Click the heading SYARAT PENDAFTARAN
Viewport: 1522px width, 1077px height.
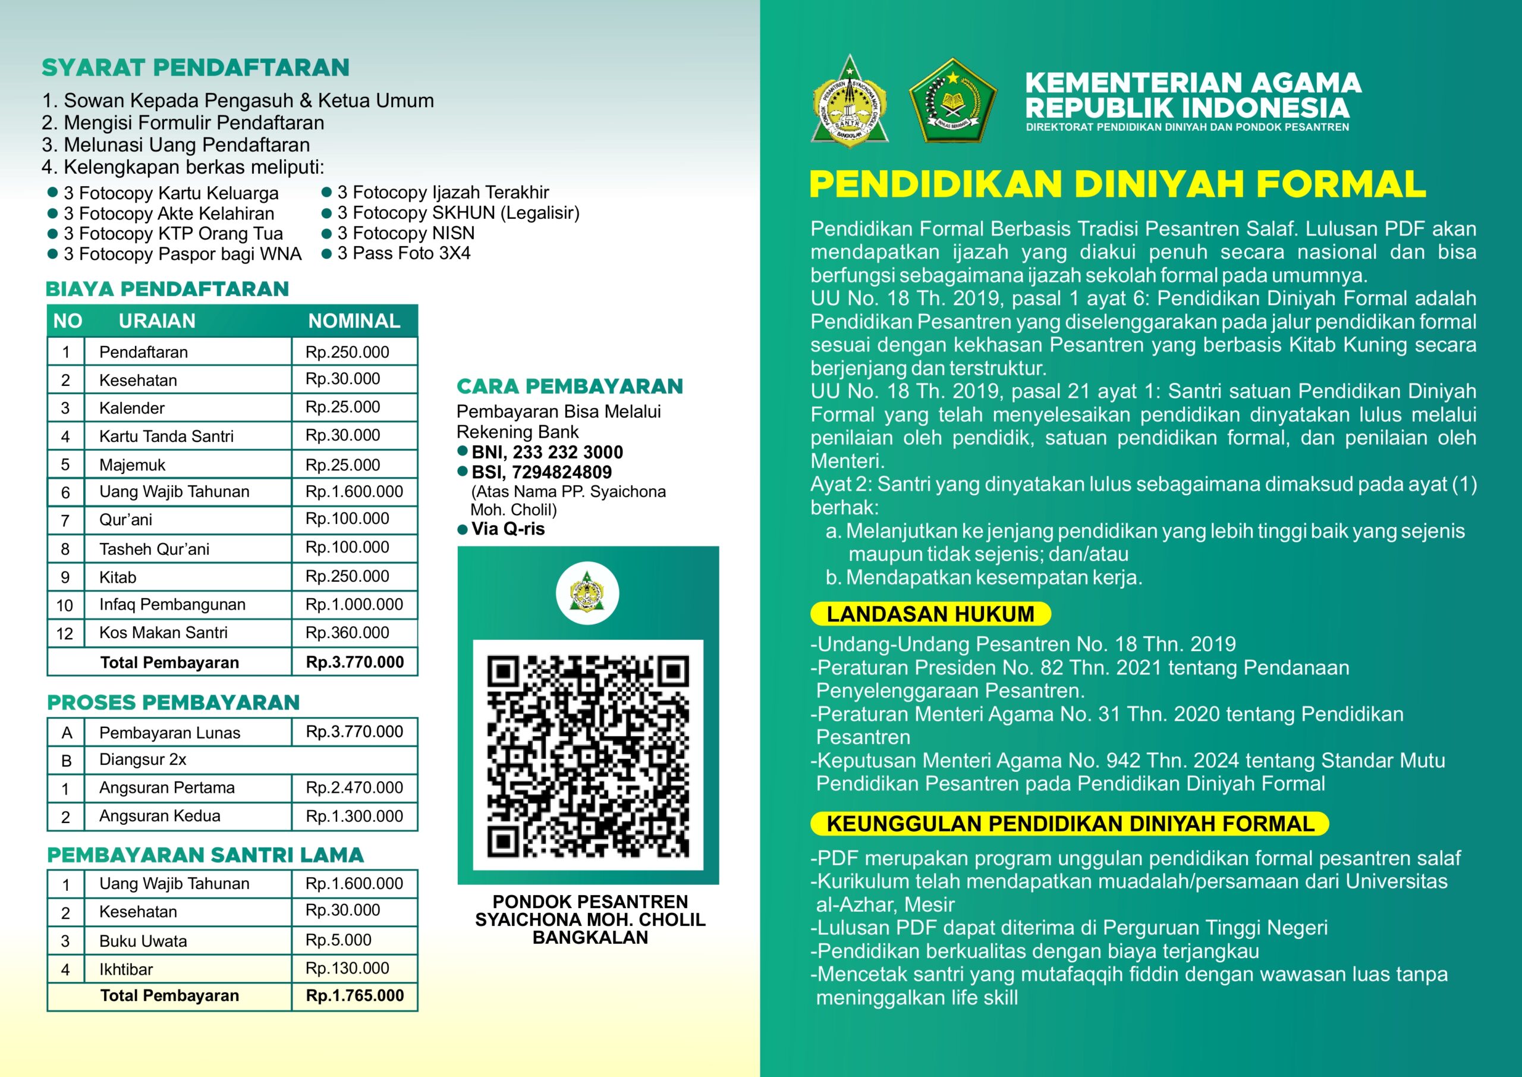[195, 68]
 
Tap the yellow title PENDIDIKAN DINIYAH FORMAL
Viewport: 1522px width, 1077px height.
[1117, 184]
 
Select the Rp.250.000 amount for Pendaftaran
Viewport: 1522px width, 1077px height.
[347, 352]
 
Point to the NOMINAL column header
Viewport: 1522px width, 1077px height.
[354, 321]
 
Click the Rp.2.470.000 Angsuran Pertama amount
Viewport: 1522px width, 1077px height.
[354, 787]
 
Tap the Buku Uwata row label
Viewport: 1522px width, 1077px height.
[143, 941]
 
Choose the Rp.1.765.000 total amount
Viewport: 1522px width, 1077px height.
[355, 996]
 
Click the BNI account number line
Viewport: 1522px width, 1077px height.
[547, 453]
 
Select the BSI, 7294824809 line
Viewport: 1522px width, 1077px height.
[542, 472]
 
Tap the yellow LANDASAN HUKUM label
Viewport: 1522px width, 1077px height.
[930, 614]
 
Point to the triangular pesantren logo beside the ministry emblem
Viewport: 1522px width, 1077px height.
[849, 103]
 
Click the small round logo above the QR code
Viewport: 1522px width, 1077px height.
[587, 594]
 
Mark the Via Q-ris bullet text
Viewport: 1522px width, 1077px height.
[508, 529]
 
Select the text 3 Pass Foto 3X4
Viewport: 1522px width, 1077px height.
[404, 253]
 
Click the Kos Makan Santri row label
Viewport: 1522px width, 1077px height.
[163, 633]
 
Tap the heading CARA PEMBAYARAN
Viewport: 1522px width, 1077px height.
[570, 386]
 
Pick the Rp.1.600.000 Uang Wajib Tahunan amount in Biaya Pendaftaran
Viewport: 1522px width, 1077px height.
[354, 491]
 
